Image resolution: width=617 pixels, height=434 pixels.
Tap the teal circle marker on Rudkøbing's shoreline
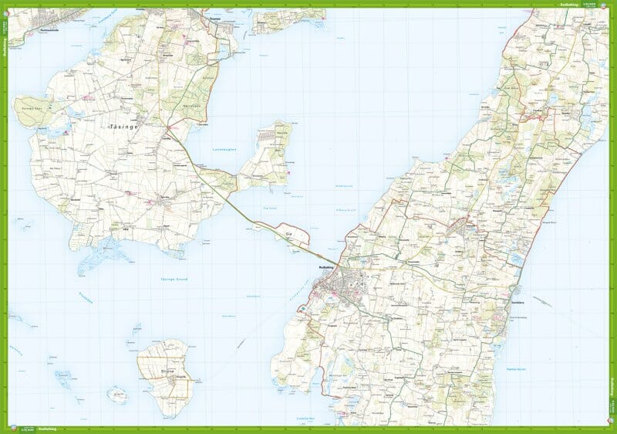[x=301, y=308]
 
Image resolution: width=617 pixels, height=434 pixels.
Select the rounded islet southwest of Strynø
[x=117, y=396]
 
